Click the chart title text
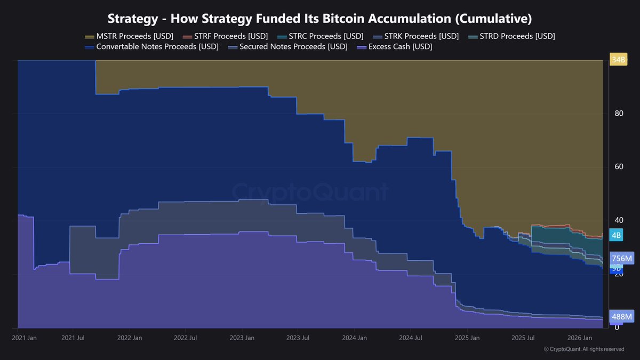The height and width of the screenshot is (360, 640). [319, 19]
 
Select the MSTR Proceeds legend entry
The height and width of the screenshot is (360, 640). [129, 36]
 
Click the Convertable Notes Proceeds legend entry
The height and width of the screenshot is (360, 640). [151, 47]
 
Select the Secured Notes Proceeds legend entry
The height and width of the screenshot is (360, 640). [287, 47]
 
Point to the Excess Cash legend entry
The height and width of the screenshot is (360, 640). [394, 47]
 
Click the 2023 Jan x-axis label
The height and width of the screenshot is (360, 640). [242, 338]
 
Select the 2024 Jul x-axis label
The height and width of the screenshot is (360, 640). [411, 338]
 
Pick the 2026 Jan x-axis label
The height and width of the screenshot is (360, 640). [579, 338]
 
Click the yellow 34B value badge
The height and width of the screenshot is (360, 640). [619, 60]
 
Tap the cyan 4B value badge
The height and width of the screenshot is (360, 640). [616, 235]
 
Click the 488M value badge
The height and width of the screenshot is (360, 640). [621, 317]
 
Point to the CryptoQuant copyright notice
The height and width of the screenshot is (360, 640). [584, 349]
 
